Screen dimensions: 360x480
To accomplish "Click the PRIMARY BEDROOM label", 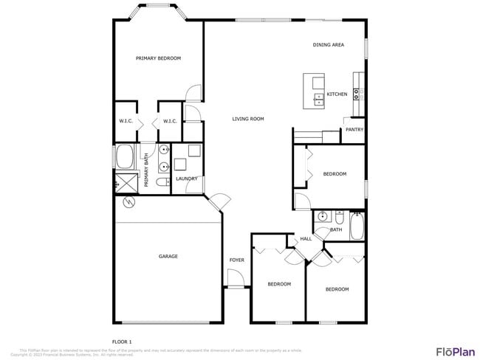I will click(x=158, y=58).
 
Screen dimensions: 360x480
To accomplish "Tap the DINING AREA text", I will click(x=328, y=45).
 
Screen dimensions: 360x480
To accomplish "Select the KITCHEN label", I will click(x=337, y=94).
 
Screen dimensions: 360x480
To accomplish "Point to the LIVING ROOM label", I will click(x=248, y=119).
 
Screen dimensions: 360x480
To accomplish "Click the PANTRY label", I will click(x=354, y=130).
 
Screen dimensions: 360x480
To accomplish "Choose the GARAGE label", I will click(x=168, y=257).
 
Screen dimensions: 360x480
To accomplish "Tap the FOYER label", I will click(x=236, y=260).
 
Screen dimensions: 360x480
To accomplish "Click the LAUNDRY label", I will click(x=185, y=179).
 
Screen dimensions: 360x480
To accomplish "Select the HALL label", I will click(x=306, y=239).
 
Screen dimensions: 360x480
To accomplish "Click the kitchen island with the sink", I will click(x=315, y=91).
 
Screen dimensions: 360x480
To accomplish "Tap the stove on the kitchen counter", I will click(x=357, y=94).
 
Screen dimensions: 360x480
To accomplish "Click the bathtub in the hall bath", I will click(x=357, y=227).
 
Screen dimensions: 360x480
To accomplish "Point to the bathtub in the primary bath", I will click(x=124, y=158).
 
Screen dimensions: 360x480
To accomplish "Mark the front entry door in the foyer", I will click(x=235, y=280).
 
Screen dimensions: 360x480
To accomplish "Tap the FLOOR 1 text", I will click(x=121, y=342).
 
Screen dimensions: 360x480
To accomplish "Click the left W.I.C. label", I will click(x=125, y=121).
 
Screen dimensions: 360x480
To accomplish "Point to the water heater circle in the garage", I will click(x=130, y=201).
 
